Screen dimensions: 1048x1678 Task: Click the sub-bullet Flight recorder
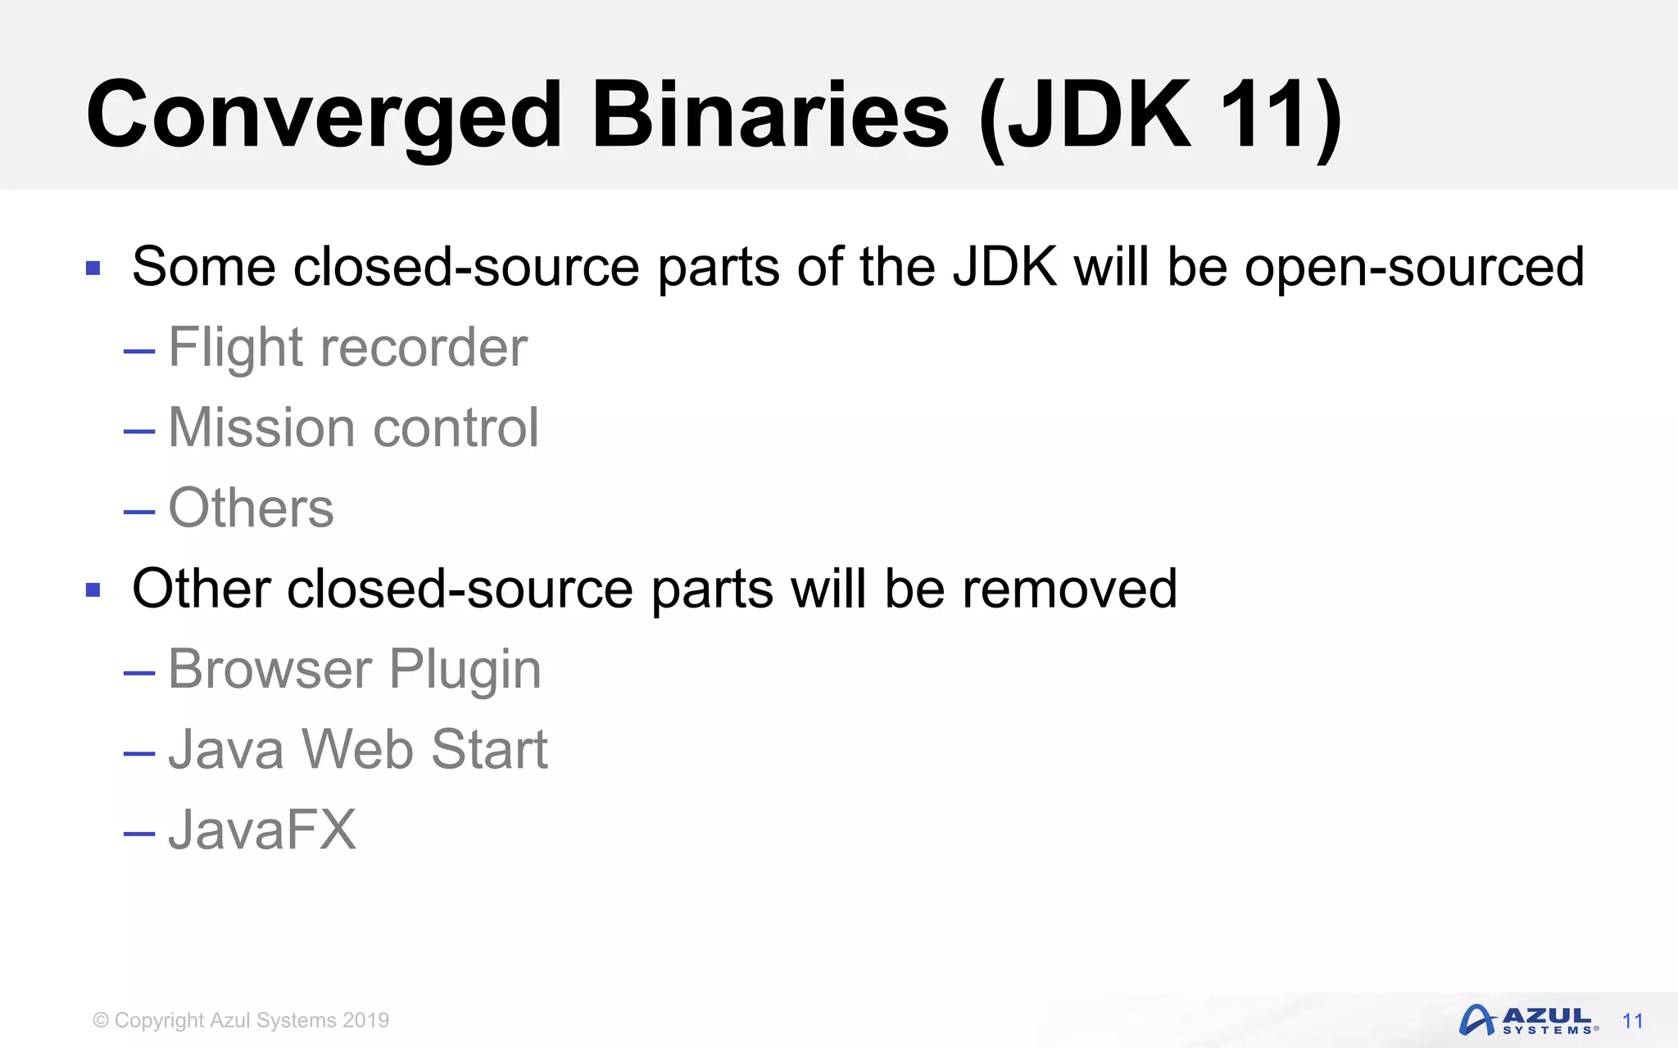[347, 348]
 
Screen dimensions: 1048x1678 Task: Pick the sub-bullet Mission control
[353, 427]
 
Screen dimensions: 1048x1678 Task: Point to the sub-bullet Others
[251, 508]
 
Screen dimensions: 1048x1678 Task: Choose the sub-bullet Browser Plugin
[354, 669]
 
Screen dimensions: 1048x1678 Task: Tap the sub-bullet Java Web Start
[357, 749]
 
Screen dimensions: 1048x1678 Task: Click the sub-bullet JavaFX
[262, 829]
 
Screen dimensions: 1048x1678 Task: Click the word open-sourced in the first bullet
[1414, 267]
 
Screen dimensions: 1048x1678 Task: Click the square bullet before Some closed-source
[93, 268]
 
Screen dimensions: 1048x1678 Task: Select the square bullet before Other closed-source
[93, 589]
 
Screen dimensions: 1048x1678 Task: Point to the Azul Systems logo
[1528, 1020]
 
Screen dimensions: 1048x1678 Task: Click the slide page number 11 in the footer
[1633, 1021]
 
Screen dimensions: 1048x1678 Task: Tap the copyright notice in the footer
[241, 1020]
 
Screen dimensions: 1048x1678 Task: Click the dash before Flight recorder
[139, 351]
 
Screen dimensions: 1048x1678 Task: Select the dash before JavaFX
[139, 833]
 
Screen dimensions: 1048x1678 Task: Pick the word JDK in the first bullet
[1005, 267]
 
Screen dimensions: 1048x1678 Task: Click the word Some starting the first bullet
[203, 267]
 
